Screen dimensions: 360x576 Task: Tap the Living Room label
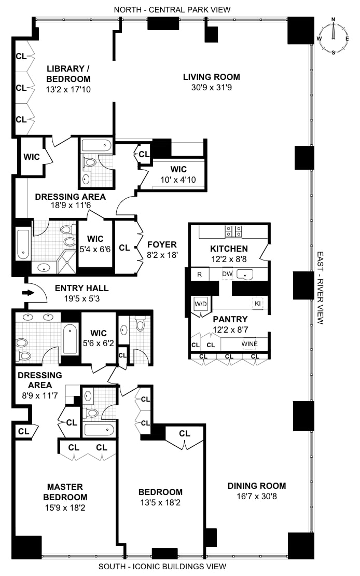pyautogui.click(x=211, y=77)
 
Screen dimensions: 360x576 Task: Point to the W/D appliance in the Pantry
pyautogui.click(x=200, y=304)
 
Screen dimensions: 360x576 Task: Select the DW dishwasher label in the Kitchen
pyautogui.click(x=227, y=274)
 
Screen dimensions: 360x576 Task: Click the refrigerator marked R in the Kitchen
pyautogui.click(x=200, y=274)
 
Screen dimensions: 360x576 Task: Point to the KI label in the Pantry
pyautogui.click(x=257, y=304)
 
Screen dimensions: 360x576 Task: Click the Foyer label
pyautogui.click(x=162, y=244)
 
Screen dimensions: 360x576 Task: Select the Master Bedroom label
pyautogui.click(x=65, y=491)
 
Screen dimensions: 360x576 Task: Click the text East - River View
pyautogui.click(x=320, y=288)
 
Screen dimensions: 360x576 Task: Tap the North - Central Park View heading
pyautogui.click(x=173, y=9)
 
